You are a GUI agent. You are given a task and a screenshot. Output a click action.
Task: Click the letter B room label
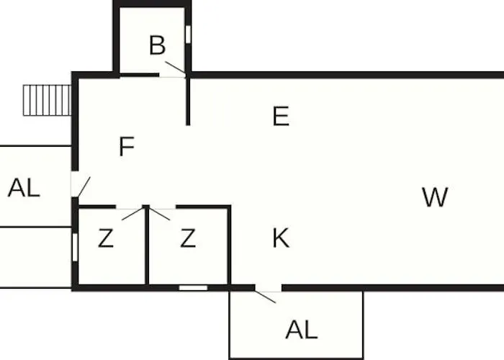[157, 45]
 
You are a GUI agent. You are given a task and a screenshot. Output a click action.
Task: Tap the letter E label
[281, 116]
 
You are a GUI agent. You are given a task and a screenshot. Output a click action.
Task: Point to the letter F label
[127, 147]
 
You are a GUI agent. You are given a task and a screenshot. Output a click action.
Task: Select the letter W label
[435, 197]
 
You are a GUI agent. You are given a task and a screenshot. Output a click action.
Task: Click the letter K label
[281, 238]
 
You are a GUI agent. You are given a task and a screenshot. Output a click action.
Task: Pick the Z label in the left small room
[106, 239]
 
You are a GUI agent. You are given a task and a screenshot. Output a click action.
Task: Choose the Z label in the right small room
[188, 238]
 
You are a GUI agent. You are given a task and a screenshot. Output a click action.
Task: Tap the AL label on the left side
[24, 188]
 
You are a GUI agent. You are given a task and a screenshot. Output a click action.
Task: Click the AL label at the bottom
[301, 330]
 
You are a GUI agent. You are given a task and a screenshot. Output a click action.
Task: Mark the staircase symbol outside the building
[47, 100]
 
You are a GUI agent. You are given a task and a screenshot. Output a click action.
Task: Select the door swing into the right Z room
[161, 213]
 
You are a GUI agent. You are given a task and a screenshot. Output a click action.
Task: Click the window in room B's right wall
[188, 34]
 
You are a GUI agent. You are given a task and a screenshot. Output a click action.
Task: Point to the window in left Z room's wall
[75, 246]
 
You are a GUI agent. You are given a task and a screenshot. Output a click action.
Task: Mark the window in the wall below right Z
[193, 287]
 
